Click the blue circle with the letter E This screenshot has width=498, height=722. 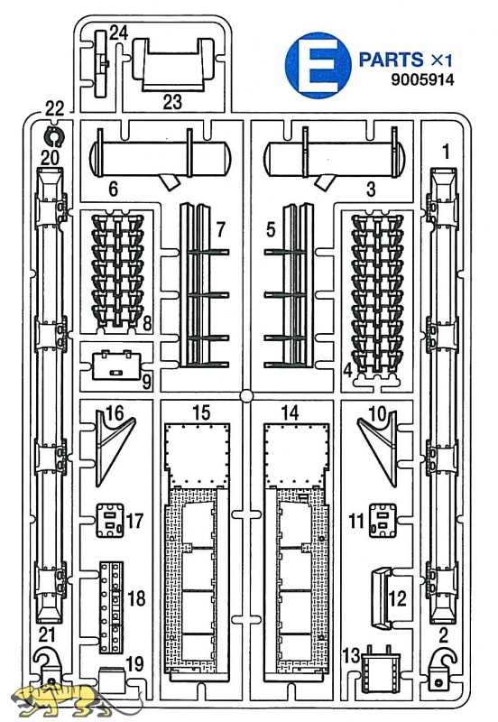pos(318,65)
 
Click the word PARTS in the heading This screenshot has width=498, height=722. pos(391,60)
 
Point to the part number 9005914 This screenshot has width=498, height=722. pos(422,79)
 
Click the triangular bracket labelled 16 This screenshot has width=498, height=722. pos(114,448)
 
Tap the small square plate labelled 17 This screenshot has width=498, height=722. pos(110,521)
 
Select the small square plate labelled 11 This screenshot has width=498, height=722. pos(383,521)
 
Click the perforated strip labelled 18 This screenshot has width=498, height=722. pos(111,606)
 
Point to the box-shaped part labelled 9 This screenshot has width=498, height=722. pos(117,365)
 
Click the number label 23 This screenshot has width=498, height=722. pos(172,102)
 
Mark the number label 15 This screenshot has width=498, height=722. pos(201,413)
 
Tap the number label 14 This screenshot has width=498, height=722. pos(290,413)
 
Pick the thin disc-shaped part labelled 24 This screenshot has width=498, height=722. pos(100,64)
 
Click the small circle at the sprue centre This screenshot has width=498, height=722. pos(246,396)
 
